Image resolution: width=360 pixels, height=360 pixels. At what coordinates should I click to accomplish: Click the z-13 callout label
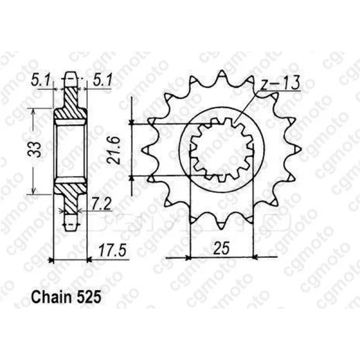click(x=280, y=83)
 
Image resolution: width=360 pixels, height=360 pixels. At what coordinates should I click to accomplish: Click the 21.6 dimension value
click(x=114, y=150)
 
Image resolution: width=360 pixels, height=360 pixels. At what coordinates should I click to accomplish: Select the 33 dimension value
click(x=34, y=149)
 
